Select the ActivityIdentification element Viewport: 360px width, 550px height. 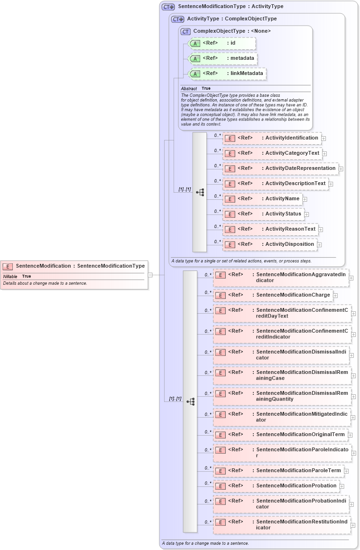(272, 138)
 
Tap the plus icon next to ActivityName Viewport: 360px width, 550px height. (305, 199)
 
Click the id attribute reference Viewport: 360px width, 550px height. (222, 43)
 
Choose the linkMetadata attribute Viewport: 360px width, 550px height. (228, 74)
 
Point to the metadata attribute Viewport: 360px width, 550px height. (223, 58)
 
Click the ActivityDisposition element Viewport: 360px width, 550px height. (270, 244)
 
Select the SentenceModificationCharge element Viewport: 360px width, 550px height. (273, 295)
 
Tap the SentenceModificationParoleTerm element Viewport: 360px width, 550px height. (279, 471)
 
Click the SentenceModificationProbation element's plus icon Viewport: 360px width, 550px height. (342, 486)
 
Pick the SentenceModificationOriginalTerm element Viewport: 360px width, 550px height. (281, 435)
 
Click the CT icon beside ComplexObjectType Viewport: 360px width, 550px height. (185, 31)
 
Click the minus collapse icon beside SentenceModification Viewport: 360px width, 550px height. (150, 274)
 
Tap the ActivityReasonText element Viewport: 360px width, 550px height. (271, 229)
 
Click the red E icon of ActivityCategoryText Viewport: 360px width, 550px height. (230, 154)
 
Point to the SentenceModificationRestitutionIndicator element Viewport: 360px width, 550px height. (282, 524)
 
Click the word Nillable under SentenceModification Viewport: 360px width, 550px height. (10, 276)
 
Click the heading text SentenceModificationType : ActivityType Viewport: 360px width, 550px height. (231, 7)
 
